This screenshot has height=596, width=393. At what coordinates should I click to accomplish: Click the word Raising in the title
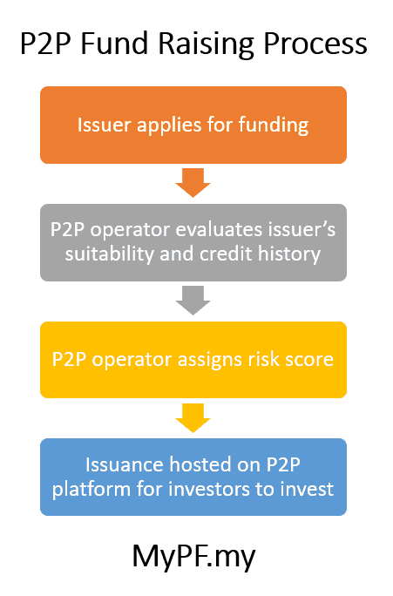pos(207,44)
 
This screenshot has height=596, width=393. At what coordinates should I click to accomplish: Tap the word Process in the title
pos(315,44)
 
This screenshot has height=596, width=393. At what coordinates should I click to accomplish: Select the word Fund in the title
pos(114,43)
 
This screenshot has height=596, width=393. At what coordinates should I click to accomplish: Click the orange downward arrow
pos(193,182)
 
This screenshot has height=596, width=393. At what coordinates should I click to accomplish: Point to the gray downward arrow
pos(193,301)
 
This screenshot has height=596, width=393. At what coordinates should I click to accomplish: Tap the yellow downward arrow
pos(193,417)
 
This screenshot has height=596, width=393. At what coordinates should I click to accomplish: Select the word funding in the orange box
pos(274,125)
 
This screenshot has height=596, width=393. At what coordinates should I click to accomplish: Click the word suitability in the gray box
pos(110,254)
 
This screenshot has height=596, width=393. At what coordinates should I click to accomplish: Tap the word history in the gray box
pos(289,254)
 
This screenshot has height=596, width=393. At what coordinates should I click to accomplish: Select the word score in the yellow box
pos(309,360)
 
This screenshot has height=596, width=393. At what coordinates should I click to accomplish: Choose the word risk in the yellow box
pos(264,359)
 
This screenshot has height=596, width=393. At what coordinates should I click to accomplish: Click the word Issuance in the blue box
pos(125,464)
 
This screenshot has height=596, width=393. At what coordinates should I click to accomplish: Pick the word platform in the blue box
pos(91,490)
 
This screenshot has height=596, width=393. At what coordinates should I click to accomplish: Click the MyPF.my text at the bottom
pos(193,558)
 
